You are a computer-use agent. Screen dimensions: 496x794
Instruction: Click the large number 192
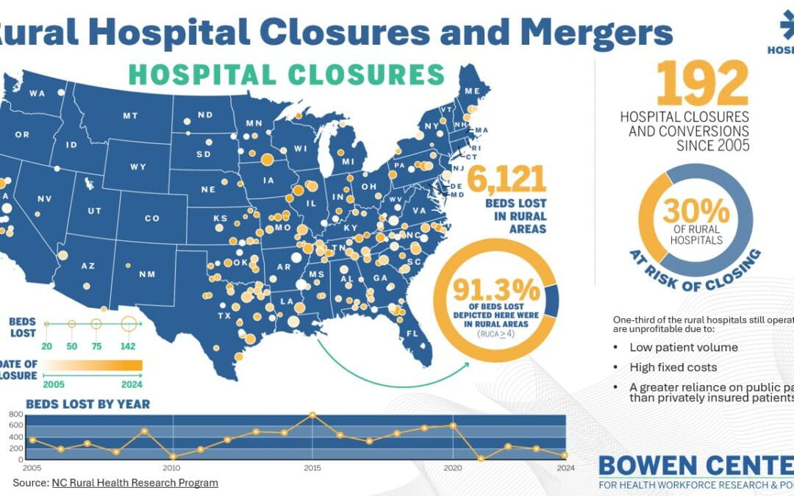701,83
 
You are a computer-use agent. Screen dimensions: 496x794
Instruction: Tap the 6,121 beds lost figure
507,179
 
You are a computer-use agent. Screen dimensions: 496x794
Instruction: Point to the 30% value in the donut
695,211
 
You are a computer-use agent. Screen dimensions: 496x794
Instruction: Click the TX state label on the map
223,316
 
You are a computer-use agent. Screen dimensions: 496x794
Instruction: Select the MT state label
130,115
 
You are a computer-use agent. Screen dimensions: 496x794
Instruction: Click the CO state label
151,218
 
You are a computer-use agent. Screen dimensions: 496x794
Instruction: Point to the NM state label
147,274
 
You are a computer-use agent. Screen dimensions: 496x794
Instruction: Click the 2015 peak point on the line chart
312,414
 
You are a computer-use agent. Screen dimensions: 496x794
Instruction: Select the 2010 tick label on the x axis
171,467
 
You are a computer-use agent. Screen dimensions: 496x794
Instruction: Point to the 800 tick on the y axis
16,414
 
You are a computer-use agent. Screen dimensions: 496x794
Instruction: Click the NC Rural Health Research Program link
135,483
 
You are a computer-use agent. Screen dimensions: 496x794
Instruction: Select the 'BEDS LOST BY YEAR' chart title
87,403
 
